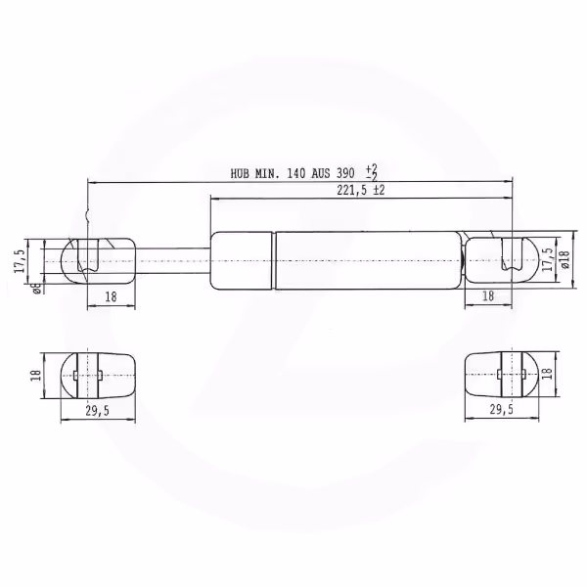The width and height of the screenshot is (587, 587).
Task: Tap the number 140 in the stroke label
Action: (x=296, y=174)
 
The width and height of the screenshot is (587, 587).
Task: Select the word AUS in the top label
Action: (x=321, y=174)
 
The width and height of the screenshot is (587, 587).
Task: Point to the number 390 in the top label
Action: (x=346, y=174)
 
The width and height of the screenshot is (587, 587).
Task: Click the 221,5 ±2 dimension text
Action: (x=360, y=190)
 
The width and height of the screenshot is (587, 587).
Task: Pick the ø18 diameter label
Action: (x=564, y=259)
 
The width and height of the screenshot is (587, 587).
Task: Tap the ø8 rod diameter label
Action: (x=37, y=289)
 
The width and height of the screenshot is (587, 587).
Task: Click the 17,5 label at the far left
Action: (x=21, y=261)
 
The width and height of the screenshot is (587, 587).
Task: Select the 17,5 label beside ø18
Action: (x=548, y=259)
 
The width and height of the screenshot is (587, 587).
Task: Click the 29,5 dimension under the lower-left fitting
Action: (x=97, y=411)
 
